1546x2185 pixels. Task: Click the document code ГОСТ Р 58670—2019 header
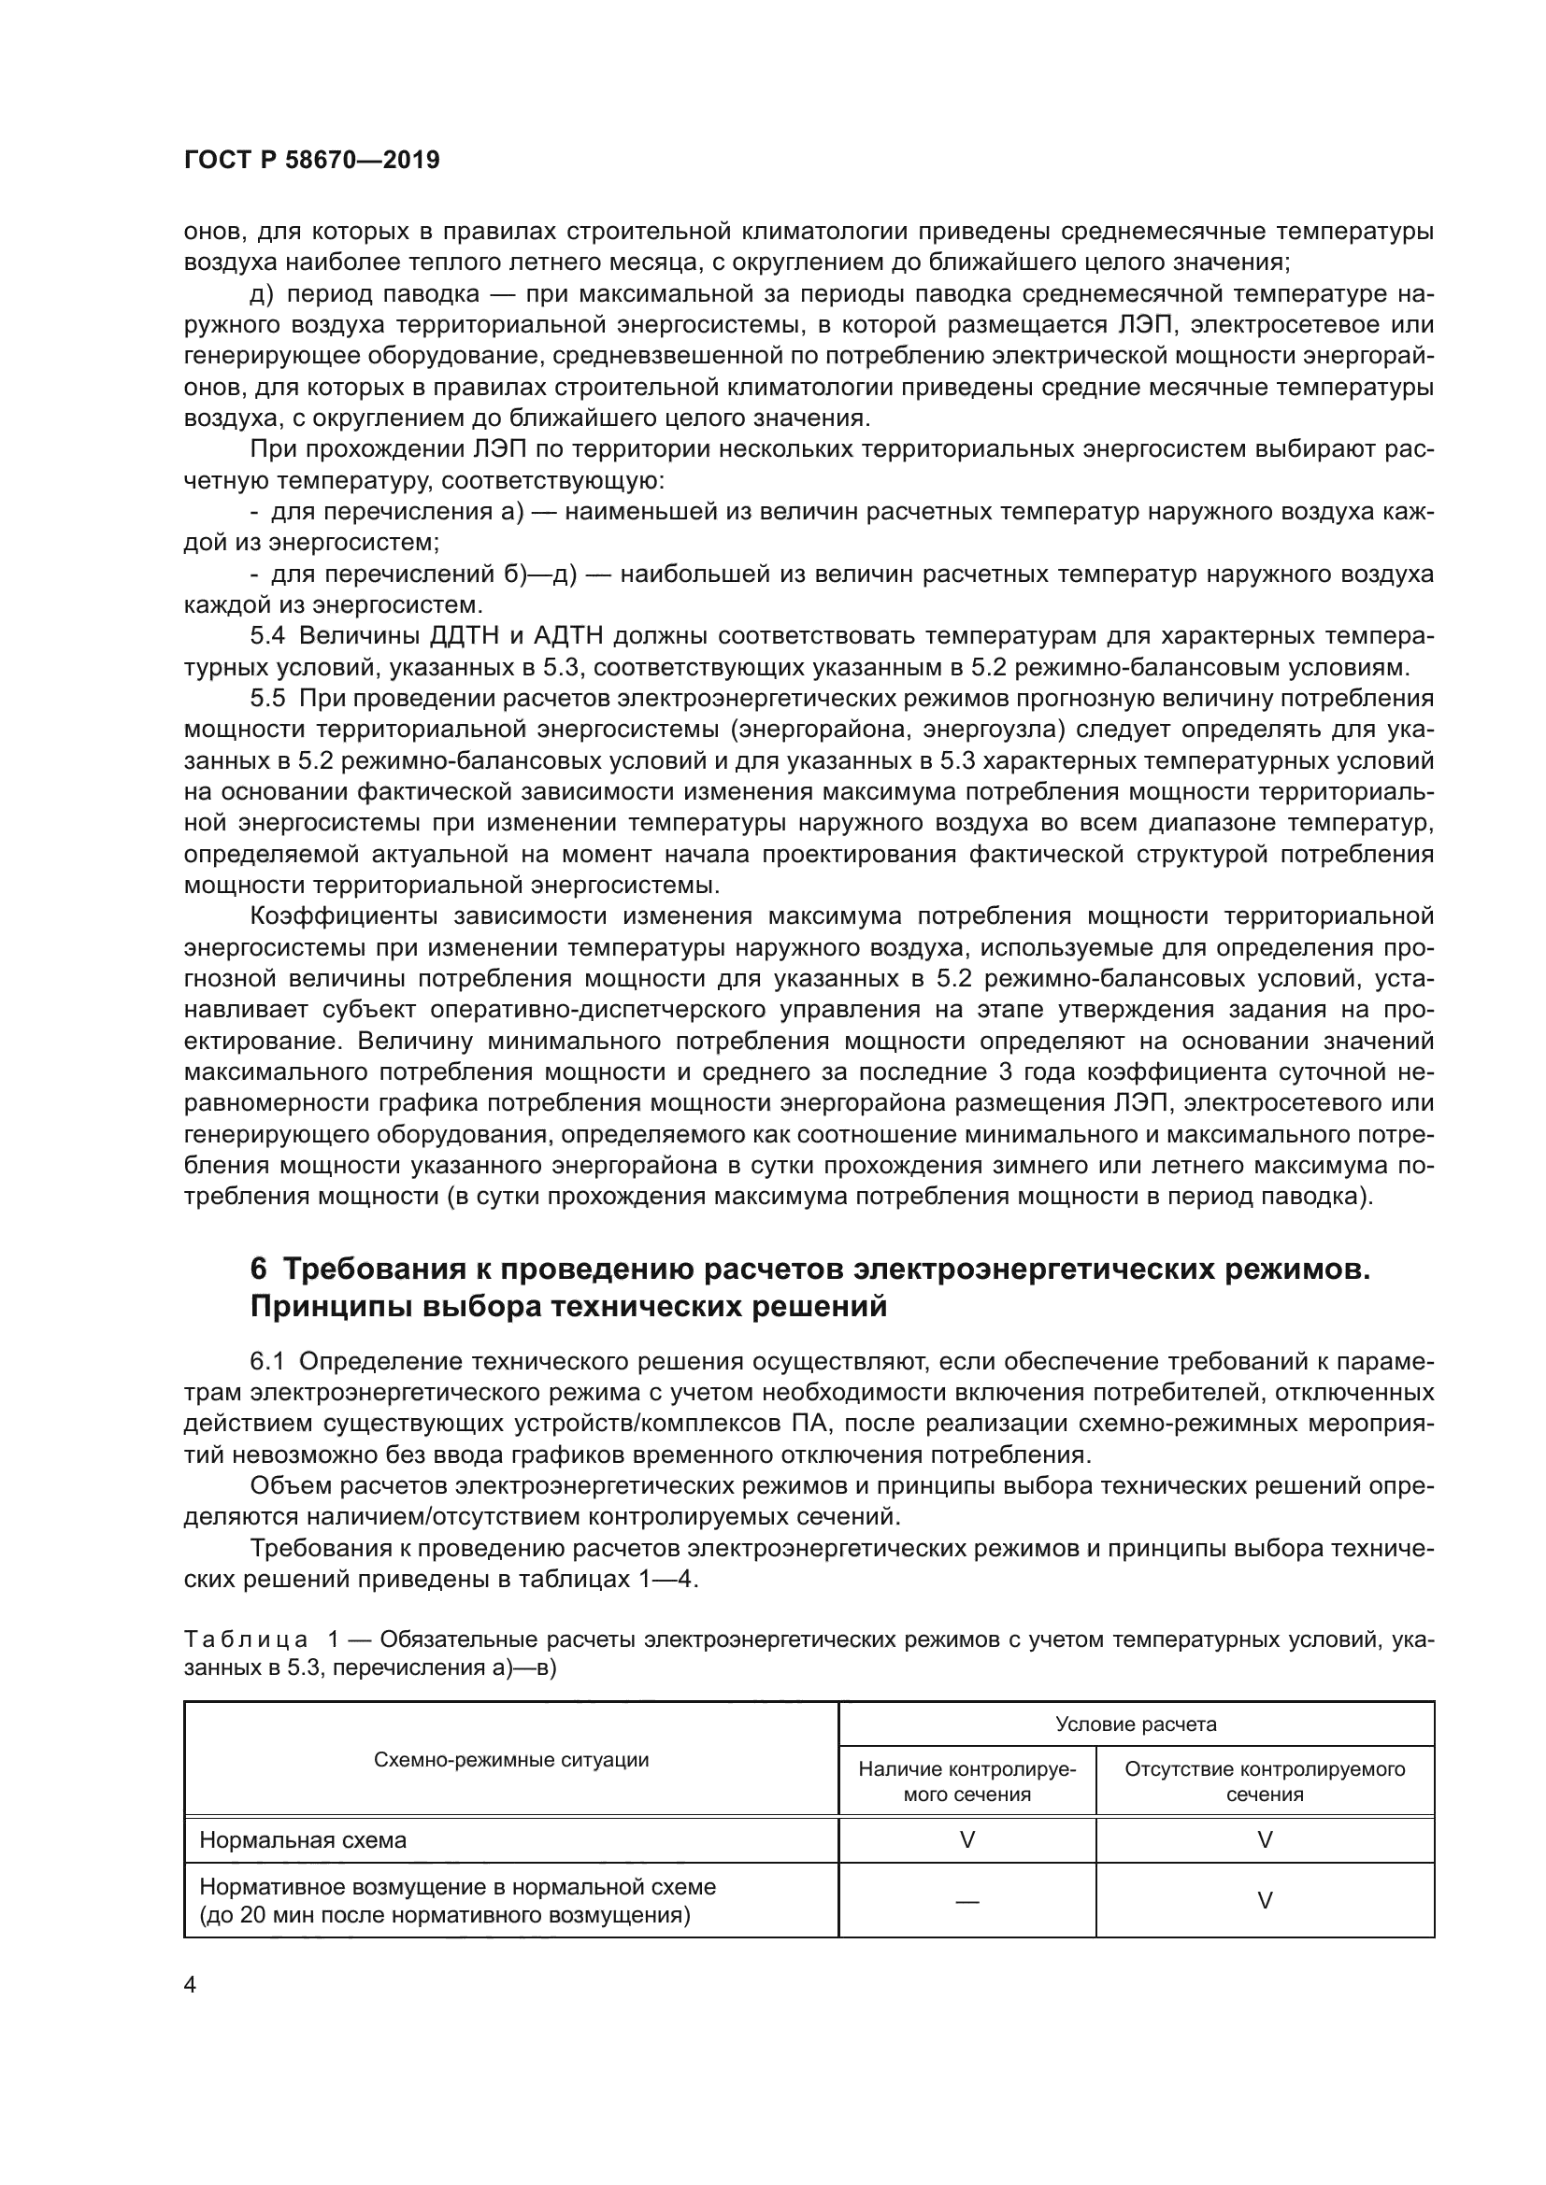311,160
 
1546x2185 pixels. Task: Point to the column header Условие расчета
1136,1724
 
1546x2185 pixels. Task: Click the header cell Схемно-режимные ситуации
511,1760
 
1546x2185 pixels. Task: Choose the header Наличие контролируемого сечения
967,1781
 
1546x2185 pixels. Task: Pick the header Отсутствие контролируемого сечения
1266,1781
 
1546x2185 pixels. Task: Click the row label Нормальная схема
303,1839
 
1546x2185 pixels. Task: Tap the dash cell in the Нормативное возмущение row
967,1900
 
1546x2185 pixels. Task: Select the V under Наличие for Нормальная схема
967,1839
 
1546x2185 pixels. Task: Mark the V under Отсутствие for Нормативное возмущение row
1266,1900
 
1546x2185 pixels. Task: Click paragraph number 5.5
267,699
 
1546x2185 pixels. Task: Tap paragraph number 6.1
267,1362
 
